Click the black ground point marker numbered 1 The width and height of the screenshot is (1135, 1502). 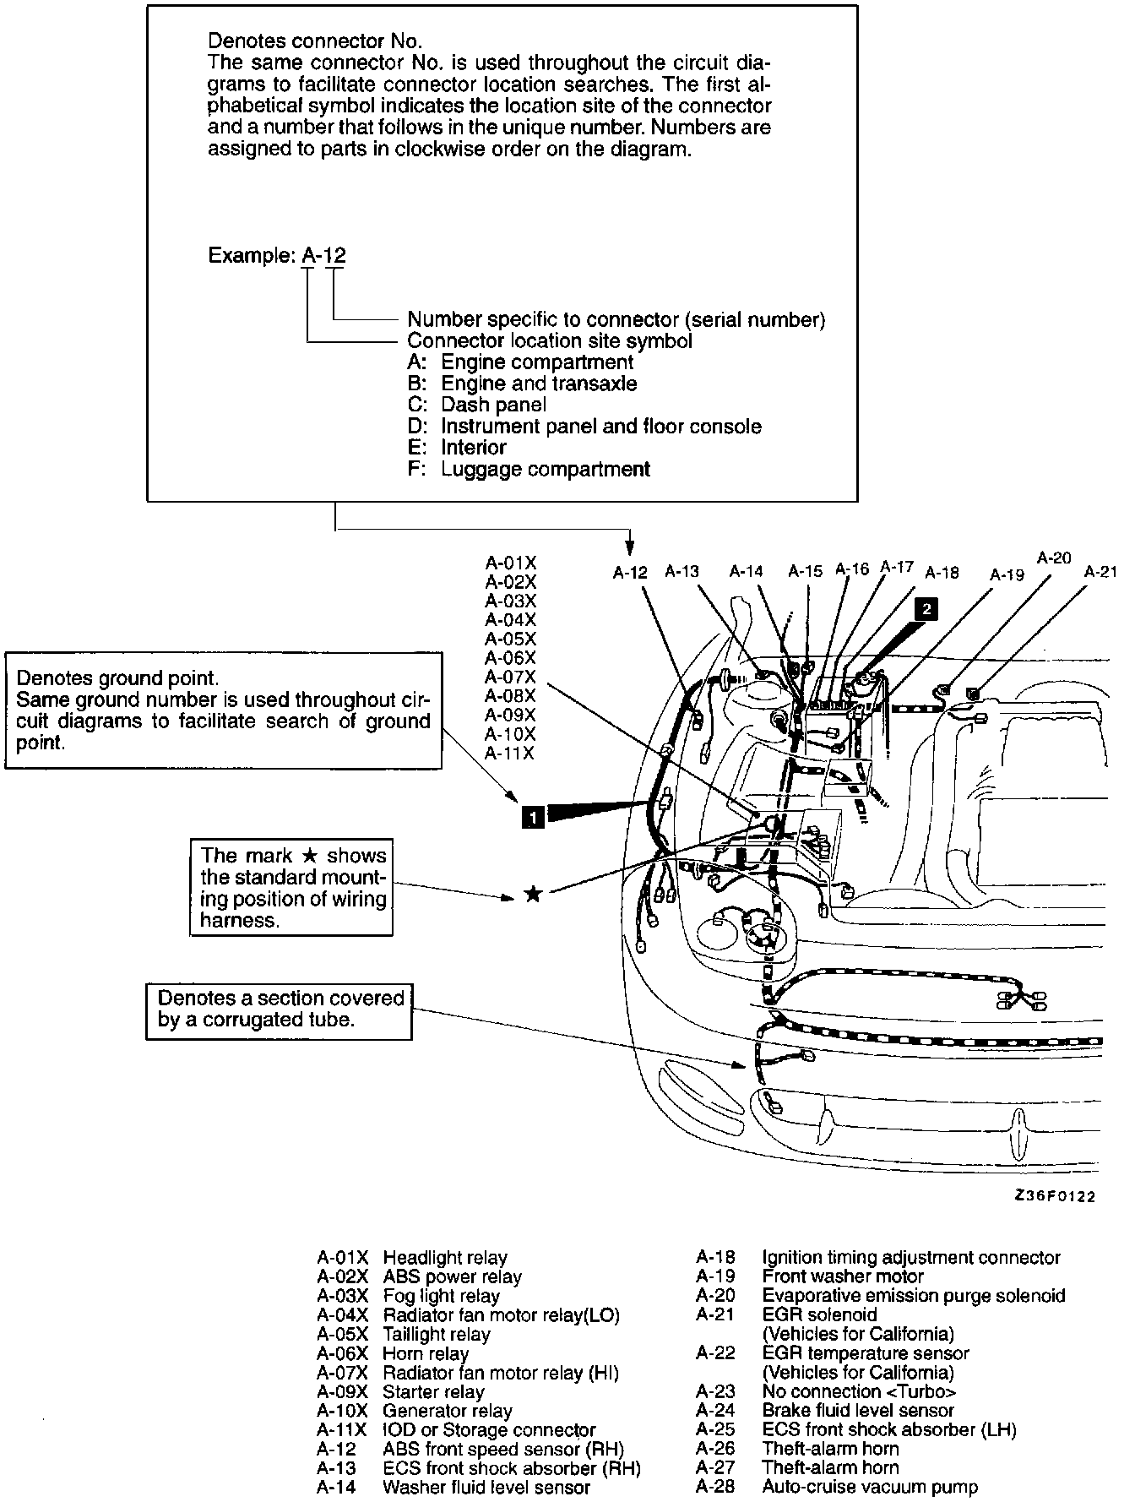click(x=532, y=815)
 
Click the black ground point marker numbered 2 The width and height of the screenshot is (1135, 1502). click(x=926, y=608)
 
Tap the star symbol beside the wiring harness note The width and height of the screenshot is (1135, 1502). click(x=532, y=894)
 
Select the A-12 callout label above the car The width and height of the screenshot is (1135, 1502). click(x=629, y=573)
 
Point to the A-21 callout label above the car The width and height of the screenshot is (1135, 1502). click(x=1100, y=572)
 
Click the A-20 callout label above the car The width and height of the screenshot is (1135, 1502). click(x=1053, y=558)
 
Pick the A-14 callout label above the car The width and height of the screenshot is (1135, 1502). click(x=746, y=572)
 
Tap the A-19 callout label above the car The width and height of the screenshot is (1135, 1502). click(x=1007, y=574)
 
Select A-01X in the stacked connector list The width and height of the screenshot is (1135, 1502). click(x=510, y=563)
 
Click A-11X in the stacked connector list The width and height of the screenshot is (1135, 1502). click(x=510, y=754)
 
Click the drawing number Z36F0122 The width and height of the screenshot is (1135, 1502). click(x=1055, y=1196)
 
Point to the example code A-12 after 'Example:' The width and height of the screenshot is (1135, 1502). click(x=323, y=256)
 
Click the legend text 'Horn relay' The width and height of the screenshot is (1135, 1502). click(x=426, y=1353)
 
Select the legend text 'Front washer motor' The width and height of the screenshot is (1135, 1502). click(x=842, y=1276)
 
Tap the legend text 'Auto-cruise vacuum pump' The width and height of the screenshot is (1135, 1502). click(x=870, y=1488)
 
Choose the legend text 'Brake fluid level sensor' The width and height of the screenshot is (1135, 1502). click(x=857, y=1410)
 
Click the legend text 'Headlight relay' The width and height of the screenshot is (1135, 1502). click(x=445, y=1258)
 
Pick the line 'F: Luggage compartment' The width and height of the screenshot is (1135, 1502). click(x=529, y=469)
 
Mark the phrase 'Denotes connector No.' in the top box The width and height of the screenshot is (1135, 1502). click(x=315, y=41)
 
